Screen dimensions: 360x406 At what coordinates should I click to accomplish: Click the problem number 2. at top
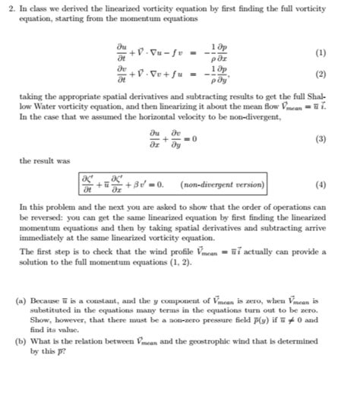8,6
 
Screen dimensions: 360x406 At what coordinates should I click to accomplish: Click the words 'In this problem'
44,207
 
